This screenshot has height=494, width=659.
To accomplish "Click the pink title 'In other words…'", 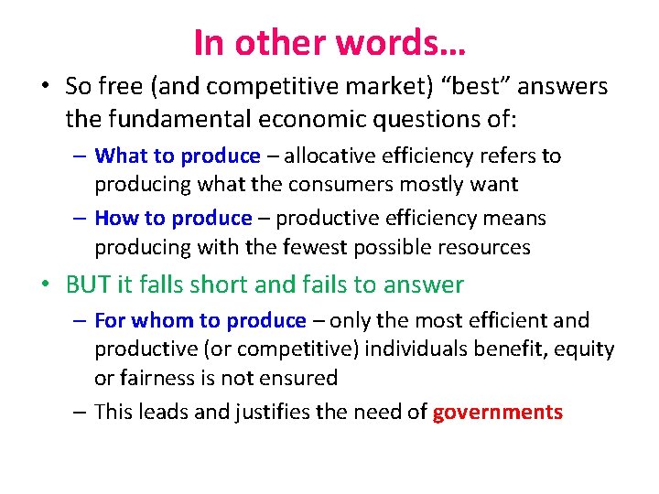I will coord(329,41).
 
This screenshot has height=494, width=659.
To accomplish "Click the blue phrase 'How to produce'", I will coord(173,219).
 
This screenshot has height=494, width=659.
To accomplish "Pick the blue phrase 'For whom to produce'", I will coord(200,321).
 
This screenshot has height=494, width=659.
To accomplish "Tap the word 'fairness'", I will coord(156,377).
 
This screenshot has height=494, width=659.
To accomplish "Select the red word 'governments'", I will coord(498,413).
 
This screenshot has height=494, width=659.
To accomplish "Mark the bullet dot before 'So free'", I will coord(44,87).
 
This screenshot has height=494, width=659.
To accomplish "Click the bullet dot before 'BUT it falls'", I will coord(44,285).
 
